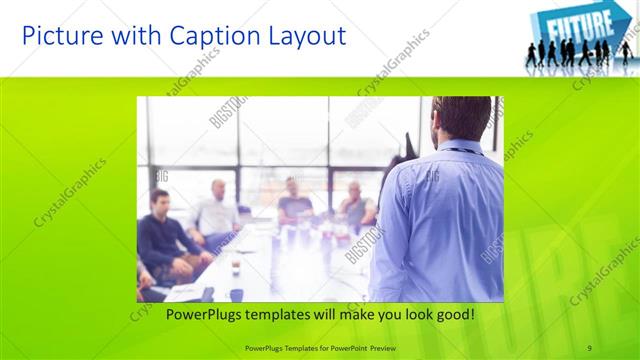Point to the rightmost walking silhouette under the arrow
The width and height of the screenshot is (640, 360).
tap(625, 52)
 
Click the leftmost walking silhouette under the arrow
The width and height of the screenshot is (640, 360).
tap(531, 56)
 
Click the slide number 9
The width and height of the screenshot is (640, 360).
tap(589, 347)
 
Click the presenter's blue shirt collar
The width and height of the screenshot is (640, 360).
tap(462, 148)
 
